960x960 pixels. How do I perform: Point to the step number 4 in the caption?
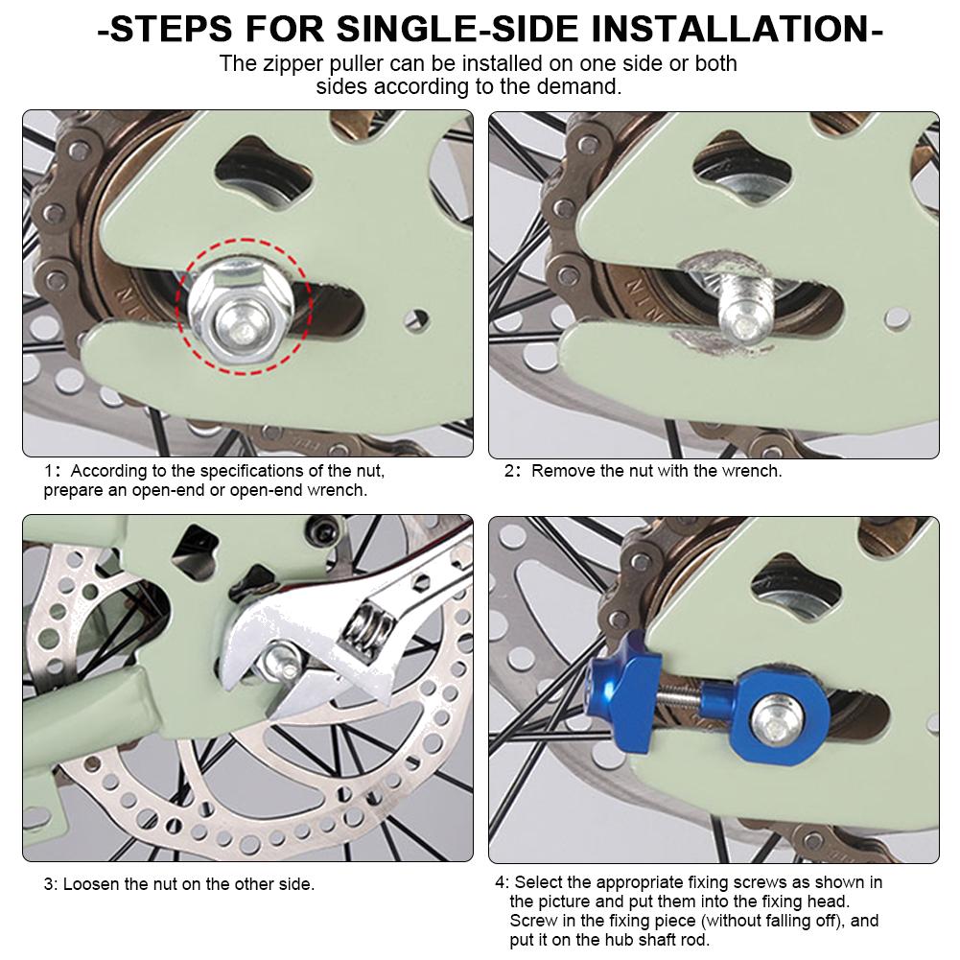[x=501, y=882]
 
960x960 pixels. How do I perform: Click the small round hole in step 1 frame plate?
[x=417, y=319]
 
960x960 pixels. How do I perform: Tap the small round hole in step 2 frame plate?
[x=897, y=318]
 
